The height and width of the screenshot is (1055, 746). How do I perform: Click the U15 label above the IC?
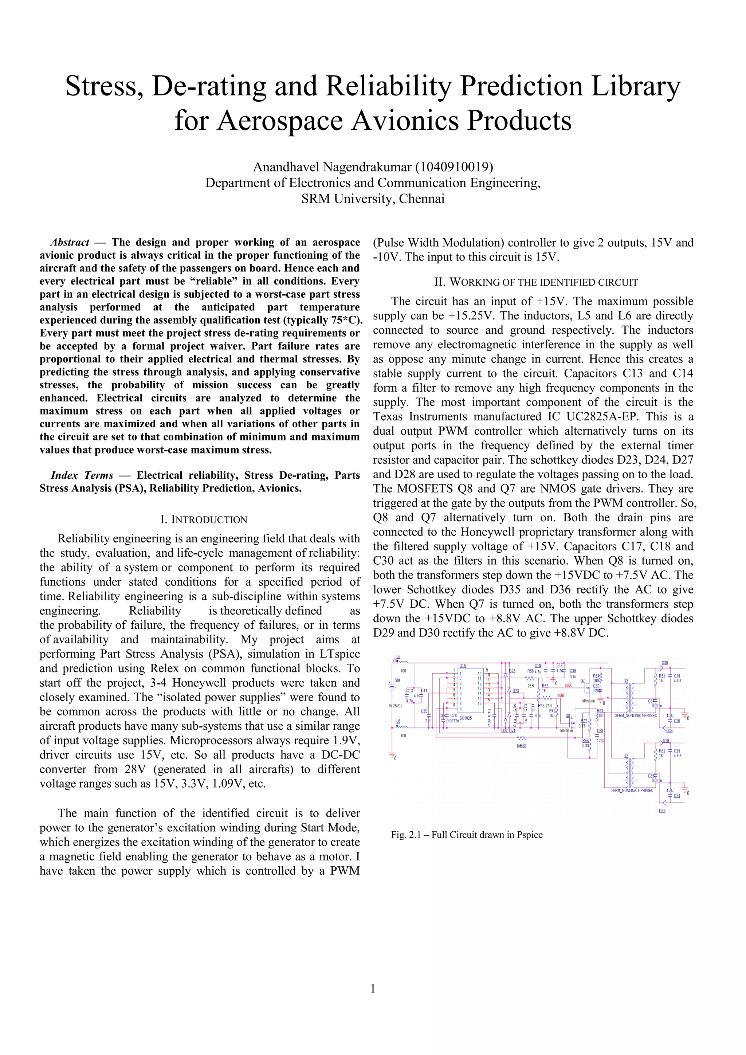pyautogui.click(x=463, y=665)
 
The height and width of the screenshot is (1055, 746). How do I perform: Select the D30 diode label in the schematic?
pyautogui.click(x=664, y=663)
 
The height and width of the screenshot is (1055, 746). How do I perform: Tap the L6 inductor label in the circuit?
pyautogui.click(x=398, y=721)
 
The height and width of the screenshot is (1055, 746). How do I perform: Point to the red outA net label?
pyautogui.click(x=568, y=685)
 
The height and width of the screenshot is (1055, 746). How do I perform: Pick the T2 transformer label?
pyautogui.click(x=626, y=756)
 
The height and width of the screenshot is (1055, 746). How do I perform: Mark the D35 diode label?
pyautogui.click(x=662, y=811)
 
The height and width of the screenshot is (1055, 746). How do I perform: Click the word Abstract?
pyautogui.click(x=70, y=242)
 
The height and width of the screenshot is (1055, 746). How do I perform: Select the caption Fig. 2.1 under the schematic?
pyautogui.click(x=467, y=835)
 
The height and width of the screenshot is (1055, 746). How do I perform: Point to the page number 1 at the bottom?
pyautogui.click(x=373, y=988)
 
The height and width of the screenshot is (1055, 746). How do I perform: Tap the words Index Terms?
pyautogui.click(x=82, y=475)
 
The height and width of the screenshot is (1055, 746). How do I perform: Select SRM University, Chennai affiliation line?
pyautogui.click(x=373, y=199)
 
